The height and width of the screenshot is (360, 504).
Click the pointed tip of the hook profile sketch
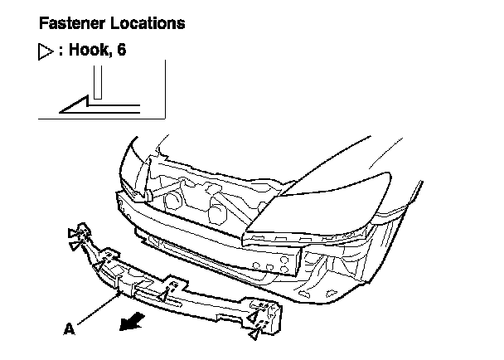tap(59, 107)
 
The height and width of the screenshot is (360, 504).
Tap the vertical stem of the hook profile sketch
tap(97, 83)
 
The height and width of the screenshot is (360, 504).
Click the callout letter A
tap(69, 328)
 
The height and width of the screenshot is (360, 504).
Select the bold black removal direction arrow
tap(132, 319)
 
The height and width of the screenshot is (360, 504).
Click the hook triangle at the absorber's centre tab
tap(164, 294)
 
